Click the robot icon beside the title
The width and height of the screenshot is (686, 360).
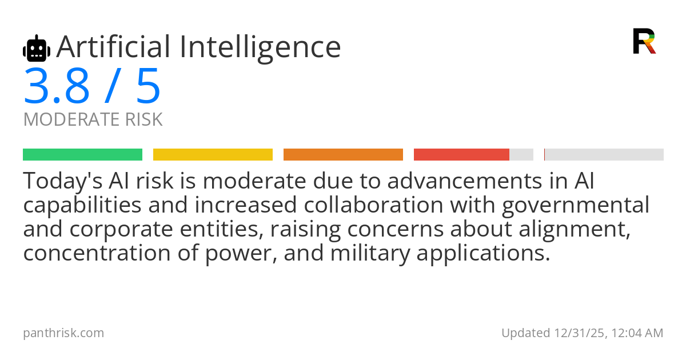click(x=37, y=49)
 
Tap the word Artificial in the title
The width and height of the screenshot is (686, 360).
click(x=113, y=47)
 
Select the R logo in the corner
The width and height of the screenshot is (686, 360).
click(x=644, y=41)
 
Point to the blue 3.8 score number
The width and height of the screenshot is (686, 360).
click(x=57, y=86)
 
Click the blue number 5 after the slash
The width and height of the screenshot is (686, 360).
click(x=149, y=86)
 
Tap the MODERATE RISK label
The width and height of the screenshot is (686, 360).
click(x=93, y=119)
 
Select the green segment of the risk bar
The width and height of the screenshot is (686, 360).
click(x=83, y=155)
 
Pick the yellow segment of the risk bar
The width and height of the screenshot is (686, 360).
click(x=213, y=155)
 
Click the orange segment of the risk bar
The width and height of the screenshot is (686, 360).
click(x=344, y=155)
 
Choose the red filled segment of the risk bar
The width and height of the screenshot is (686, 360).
click(x=461, y=155)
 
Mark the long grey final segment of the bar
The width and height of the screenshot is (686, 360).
click(x=604, y=155)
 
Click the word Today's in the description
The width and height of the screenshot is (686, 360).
click(x=63, y=181)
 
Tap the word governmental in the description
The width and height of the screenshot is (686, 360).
click(x=576, y=205)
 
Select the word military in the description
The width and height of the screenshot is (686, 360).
click(x=370, y=253)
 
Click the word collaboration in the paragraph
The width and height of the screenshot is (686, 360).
click(x=374, y=205)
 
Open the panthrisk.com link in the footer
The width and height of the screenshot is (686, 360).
click(x=63, y=333)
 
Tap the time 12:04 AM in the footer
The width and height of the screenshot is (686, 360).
click(x=637, y=333)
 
